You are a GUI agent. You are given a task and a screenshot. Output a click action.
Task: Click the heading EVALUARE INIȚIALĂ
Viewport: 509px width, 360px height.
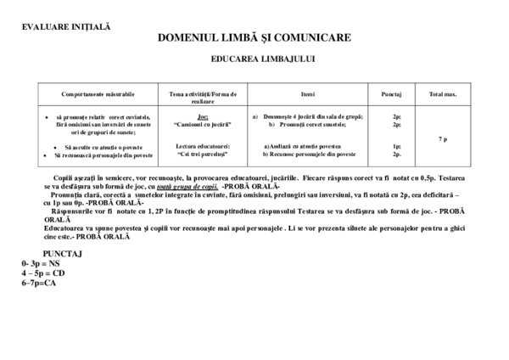(x=66, y=26)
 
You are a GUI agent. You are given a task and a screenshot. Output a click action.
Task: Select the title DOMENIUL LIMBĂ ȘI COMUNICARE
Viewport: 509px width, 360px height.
(x=254, y=39)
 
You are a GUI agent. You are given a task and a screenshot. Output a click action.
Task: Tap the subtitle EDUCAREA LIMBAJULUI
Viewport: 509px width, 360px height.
(x=254, y=60)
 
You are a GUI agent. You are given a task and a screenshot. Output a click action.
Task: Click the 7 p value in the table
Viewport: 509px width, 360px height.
(x=443, y=138)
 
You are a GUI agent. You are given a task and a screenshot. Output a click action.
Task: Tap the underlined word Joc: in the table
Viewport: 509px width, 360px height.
(x=202, y=116)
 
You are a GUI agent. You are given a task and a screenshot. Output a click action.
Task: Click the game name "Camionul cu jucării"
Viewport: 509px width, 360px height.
(x=202, y=125)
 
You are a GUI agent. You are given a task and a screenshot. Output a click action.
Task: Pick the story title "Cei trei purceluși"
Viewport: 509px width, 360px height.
(x=202, y=155)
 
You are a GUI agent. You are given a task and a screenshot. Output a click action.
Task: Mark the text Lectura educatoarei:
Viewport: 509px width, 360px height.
(x=202, y=146)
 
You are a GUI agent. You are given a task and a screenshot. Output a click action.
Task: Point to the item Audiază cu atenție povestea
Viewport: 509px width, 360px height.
(x=309, y=146)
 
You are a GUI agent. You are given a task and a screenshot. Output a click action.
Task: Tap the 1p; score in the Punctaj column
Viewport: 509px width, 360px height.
(x=395, y=146)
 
